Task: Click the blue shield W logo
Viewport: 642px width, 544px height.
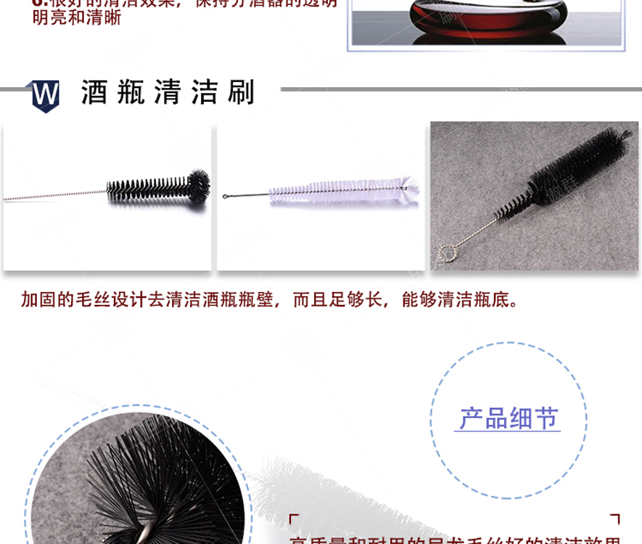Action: [46, 95]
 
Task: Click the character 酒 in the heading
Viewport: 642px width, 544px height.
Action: [95, 94]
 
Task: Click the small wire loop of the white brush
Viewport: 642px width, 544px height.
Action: [228, 195]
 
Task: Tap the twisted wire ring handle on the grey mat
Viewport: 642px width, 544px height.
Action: [445, 253]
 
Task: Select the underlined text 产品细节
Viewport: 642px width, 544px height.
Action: [509, 419]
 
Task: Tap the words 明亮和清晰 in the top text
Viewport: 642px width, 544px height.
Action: [76, 18]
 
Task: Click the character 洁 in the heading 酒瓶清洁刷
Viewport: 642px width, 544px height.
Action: [204, 94]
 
